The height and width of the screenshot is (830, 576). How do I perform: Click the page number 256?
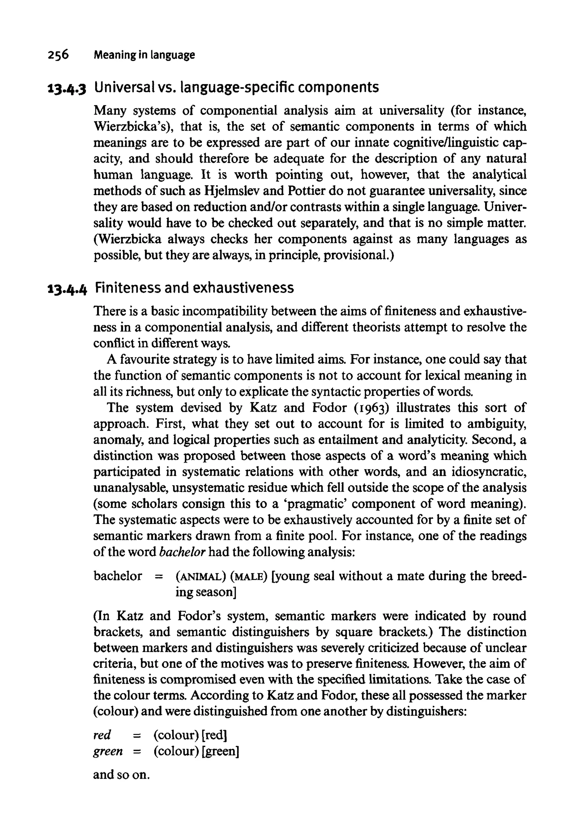(58, 55)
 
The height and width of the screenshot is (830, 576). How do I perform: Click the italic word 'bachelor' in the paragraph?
(182, 552)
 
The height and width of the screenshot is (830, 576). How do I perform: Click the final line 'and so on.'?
(121, 775)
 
